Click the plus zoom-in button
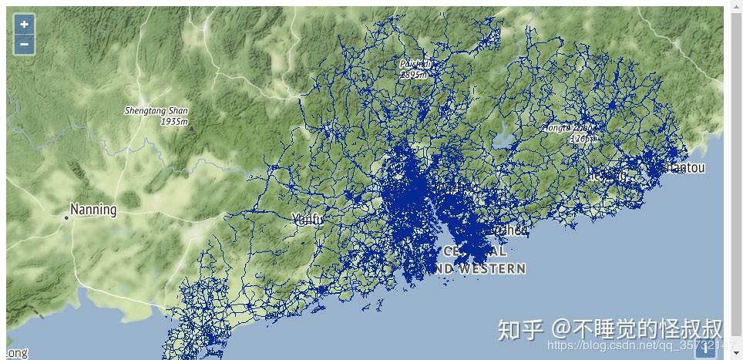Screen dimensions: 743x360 pyautogui.click(x=24, y=25)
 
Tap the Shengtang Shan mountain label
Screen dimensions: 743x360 pyautogui.click(x=156, y=111)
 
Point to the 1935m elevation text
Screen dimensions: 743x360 pyautogui.click(x=174, y=122)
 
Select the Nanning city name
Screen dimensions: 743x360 pyautogui.click(x=93, y=210)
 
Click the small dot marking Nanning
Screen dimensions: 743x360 pyautogui.click(x=66, y=218)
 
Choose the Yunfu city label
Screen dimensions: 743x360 pyautogui.click(x=308, y=220)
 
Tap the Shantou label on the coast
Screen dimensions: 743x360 pyautogui.click(x=684, y=167)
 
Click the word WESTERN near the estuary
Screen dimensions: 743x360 pyautogui.click(x=490, y=269)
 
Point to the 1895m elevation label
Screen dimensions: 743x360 pyautogui.click(x=414, y=75)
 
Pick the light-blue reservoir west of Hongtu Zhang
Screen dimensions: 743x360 pyautogui.click(x=505, y=140)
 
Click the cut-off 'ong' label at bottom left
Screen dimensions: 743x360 pyautogui.click(x=17, y=353)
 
